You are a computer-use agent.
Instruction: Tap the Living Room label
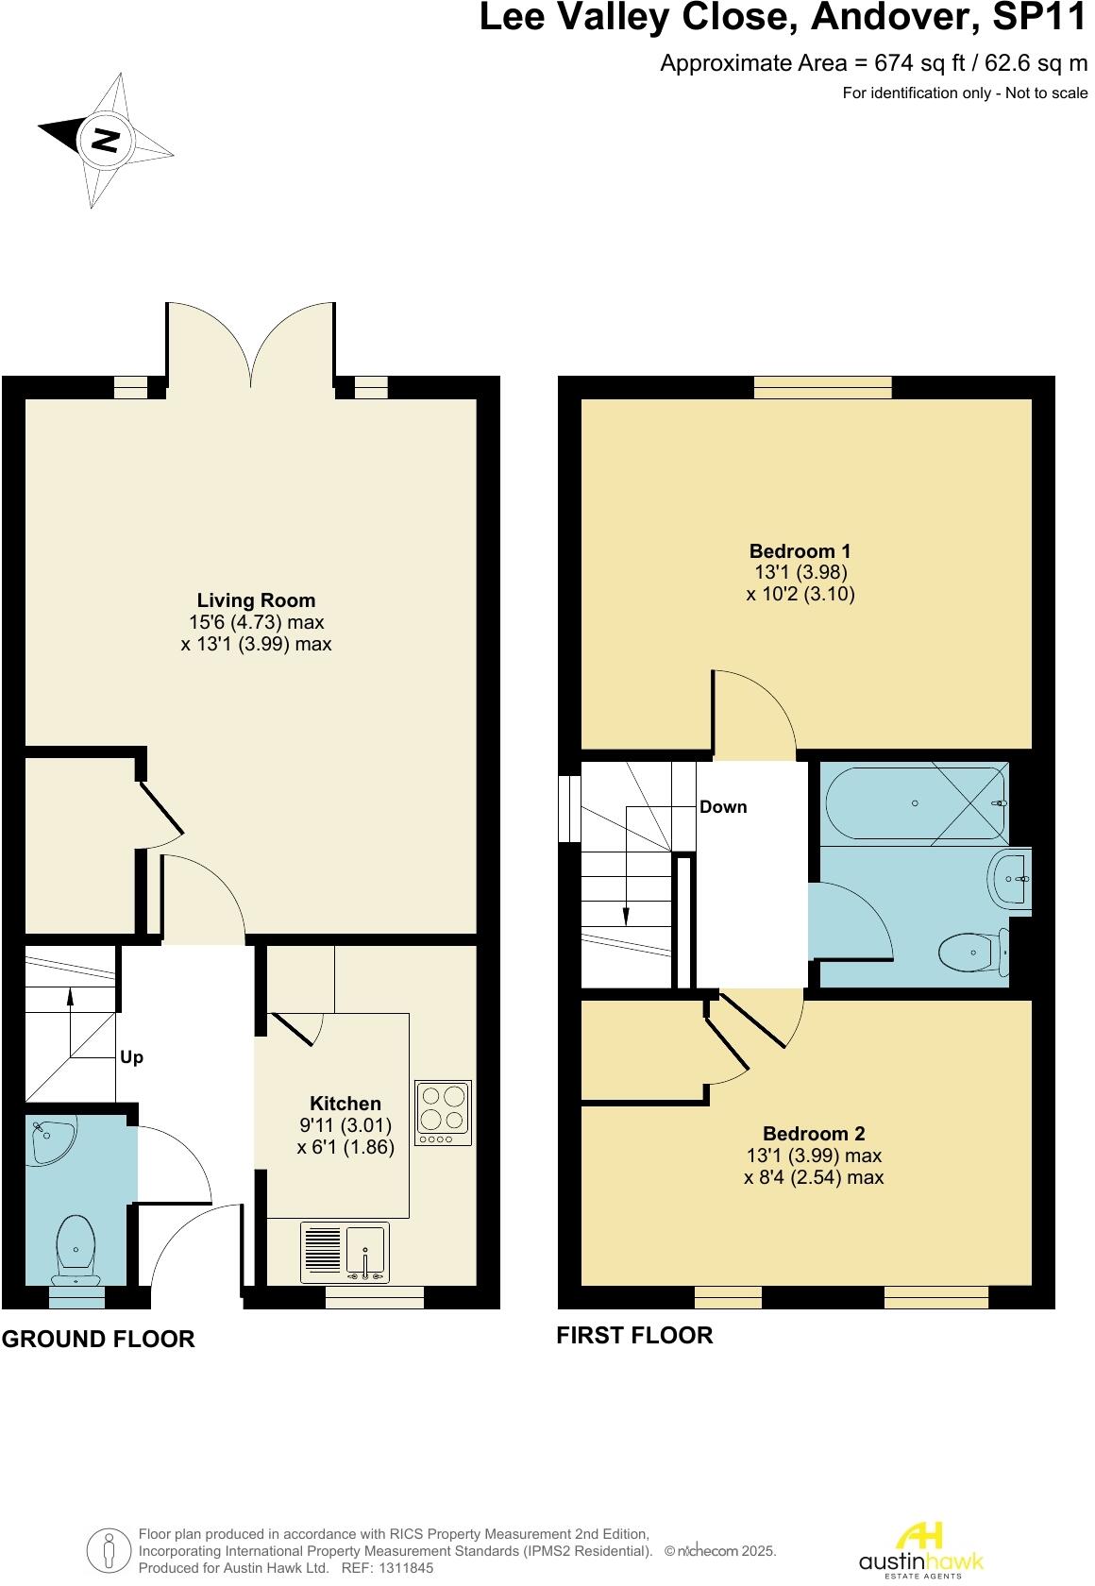pos(256,600)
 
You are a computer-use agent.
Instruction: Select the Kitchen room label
pos(345,1104)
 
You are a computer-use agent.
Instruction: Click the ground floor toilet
pos(76,1251)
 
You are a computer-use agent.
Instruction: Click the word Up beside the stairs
pos(131,1057)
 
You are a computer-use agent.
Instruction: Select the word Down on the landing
pos(723,807)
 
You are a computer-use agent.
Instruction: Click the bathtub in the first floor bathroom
pos(914,802)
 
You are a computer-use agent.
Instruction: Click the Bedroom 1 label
pos(800,550)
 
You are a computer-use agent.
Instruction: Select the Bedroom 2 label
pos(814,1134)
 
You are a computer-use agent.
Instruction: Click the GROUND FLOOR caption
pos(98,1339)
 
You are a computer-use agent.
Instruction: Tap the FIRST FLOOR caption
pos(634,1335)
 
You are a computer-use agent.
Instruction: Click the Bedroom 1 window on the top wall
pos(822,387)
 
